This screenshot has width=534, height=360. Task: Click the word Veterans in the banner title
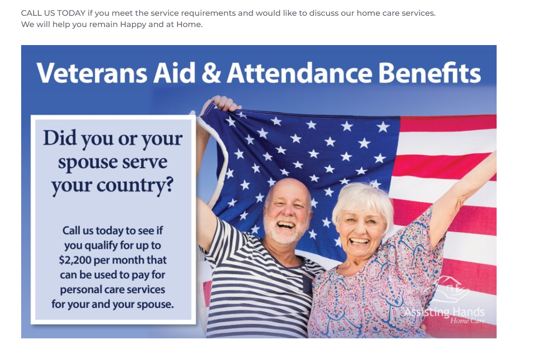[92, 73]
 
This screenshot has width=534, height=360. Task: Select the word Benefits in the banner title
[430, 73]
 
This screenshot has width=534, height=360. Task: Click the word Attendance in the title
[300, 73]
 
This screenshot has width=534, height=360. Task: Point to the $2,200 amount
[75, 260]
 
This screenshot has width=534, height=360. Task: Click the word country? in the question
[135, 186]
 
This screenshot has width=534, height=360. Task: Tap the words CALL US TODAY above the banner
[53, 14]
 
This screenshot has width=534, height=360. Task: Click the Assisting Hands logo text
[444, 312]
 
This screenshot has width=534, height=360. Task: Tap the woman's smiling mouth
[360, 242]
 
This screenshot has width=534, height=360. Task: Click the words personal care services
[113, 290]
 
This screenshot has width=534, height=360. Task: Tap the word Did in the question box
[59, 138]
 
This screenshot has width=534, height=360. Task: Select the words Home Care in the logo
[467, 321]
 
